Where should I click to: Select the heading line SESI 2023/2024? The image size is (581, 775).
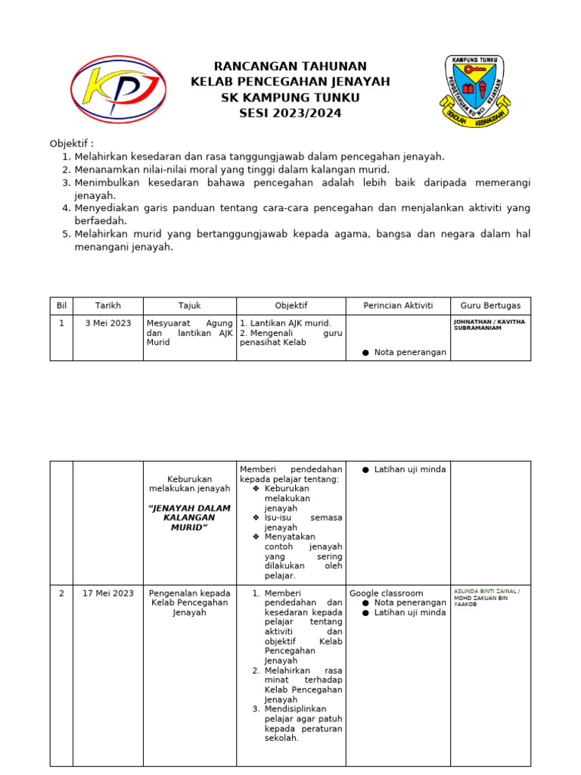click(x=290, y=114)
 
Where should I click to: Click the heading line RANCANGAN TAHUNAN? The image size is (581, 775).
click(x=290, y=67)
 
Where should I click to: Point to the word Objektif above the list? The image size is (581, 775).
click(x=70, y=144)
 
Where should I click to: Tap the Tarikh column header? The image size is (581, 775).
click(x=108, y=306)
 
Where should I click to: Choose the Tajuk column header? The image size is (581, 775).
click(x=189, y=306)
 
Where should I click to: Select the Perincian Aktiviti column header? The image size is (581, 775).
click(x=398, y=306)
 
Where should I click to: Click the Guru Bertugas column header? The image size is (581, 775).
click(x=490, y=306)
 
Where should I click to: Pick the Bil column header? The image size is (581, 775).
click(x=61, y=306)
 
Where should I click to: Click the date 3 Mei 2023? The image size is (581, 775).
click(x=108, y=323)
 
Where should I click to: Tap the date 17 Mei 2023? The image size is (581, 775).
click(x=108, y=593)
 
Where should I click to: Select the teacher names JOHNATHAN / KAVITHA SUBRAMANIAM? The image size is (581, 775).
click(x=489, y=325)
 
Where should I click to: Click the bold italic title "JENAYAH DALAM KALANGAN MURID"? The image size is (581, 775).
click(x=189, y=518)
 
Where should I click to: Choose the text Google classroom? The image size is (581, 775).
click(x=387, y=593)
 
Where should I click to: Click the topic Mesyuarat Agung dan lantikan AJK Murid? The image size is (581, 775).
click(x=189, y=332)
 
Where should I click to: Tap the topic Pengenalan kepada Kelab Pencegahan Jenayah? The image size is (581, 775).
click(x=189, y=602)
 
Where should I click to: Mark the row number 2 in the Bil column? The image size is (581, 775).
click(x=61, y=593)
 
